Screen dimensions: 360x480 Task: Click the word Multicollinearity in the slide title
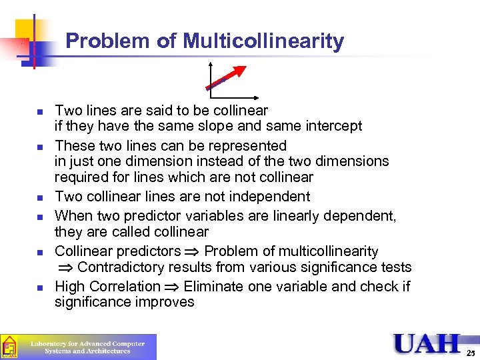click(263, 41)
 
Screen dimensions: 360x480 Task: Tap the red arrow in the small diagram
click(227, 77)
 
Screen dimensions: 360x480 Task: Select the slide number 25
click(471, 352)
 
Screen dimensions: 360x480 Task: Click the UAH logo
click(426, 344)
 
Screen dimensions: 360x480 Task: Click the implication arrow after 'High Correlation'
click(171, 287)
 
